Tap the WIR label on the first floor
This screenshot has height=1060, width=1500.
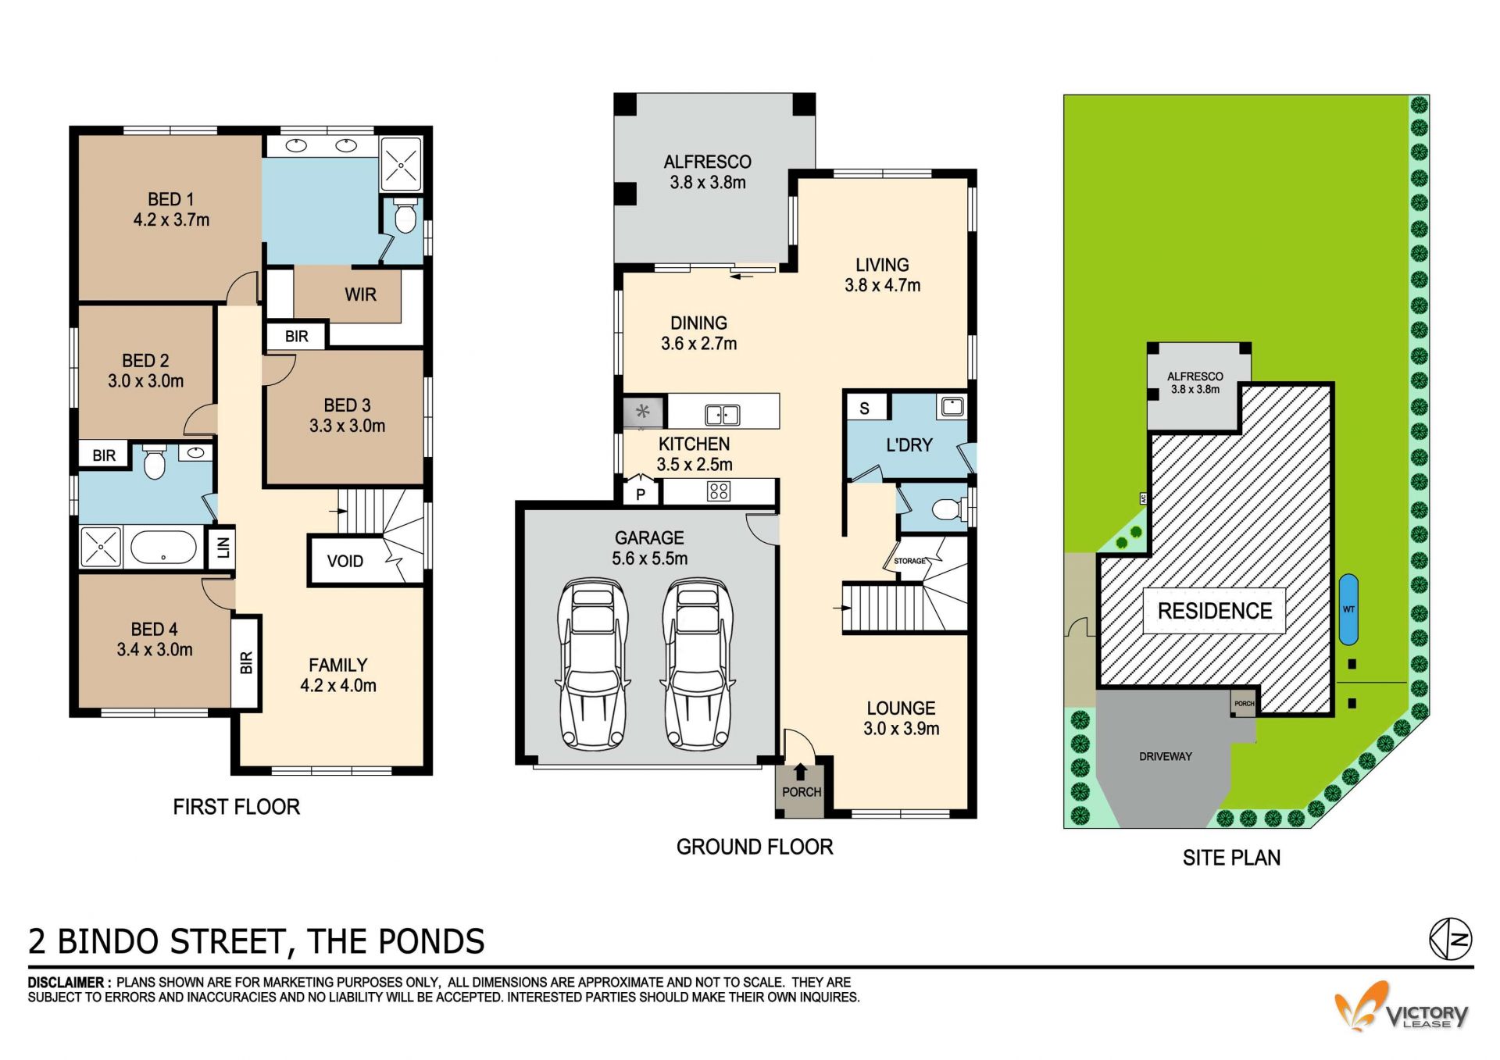tap(360, 294)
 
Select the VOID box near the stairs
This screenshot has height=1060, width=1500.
tap(345, 560)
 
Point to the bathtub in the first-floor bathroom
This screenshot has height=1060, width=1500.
tap(163, 547)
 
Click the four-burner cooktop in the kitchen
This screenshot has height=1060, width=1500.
tap(719, 491)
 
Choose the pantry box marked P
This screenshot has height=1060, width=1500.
tap(641, 494)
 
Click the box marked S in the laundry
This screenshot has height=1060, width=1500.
tap(865, 408)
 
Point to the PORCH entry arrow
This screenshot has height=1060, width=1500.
tap(800, 772)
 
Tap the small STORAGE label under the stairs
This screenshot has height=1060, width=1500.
tap(909, 561)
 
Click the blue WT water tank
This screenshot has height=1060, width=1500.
tap(1348, 609)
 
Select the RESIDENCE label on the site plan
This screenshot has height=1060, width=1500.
tap(1215, 611)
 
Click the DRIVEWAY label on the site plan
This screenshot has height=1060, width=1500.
tap(1166, 756)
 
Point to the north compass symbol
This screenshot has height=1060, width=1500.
tap(1451, 938)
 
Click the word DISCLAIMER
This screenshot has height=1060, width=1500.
tap(66, 982)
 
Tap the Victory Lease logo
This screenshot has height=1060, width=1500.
tap(1401, 1007)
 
